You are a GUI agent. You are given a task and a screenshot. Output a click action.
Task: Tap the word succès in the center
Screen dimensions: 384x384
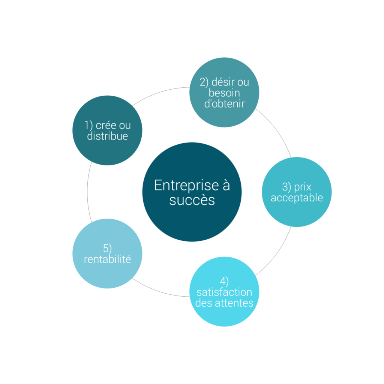(x=192, y=200)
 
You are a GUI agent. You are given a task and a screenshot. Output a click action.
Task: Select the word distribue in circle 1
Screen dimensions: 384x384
(x=107, y=136)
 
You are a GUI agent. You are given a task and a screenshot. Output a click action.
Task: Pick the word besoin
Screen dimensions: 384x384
(x=224, y=93)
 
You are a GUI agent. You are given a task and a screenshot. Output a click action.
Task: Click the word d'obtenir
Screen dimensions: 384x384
(x=224, y=103)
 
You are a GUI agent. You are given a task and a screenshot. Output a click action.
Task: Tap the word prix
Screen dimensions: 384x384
(x=303, y=187)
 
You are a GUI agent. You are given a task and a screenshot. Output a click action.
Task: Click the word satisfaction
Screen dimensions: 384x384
(x=224, y=292)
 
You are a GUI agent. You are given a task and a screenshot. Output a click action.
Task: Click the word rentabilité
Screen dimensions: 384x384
(x=107, y=259)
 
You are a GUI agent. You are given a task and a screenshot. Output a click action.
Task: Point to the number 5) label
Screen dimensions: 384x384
(x=107, y=249)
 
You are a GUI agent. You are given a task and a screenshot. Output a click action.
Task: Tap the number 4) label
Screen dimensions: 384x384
(x=224, y=281)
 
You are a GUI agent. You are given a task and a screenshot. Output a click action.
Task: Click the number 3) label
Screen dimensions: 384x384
(x=286, y=187)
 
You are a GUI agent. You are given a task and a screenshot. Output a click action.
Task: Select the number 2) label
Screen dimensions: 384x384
(x=204, y=82)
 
